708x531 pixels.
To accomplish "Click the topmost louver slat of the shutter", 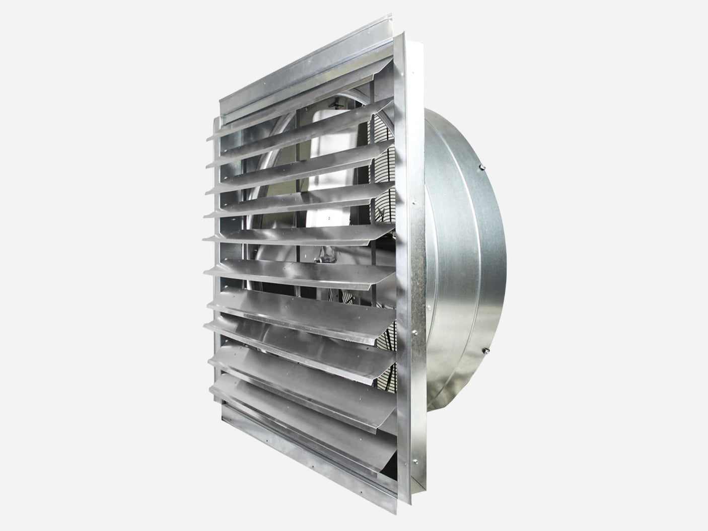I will pyautogui.click(x=302, y=121).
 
